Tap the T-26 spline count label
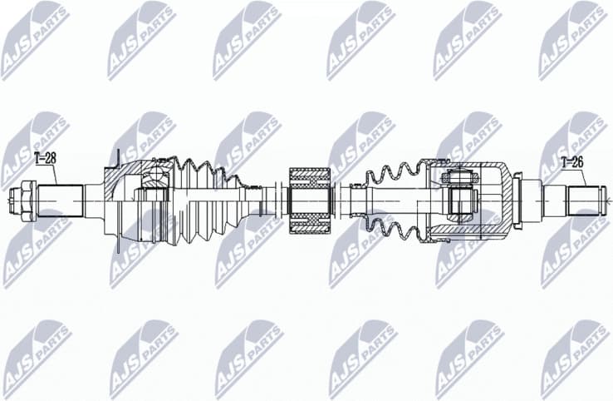pyautogui.click(x=573, y=162)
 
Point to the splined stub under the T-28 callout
pyautogui.click(x=58, y=200)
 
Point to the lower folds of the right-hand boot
pyautogui.click(x=390, y=226)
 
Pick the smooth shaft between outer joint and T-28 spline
pyautogui.click(x=94, y=200)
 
